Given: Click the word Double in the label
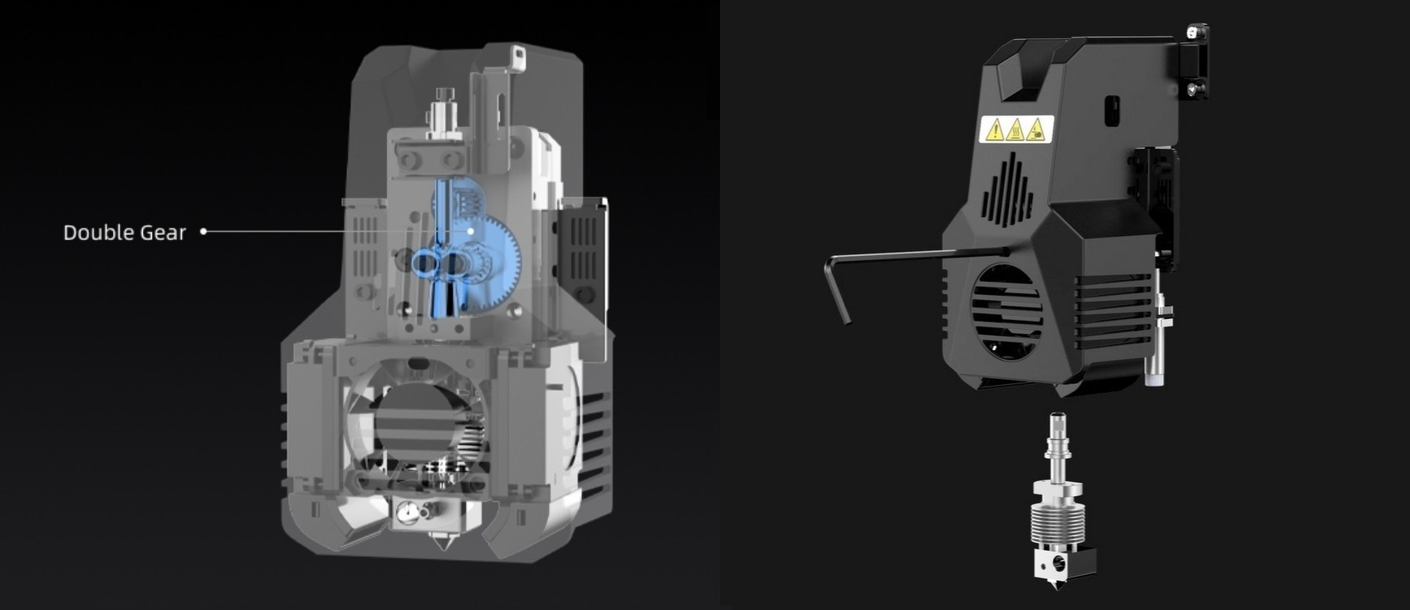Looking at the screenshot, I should pyautogui.click(x=93, y=233).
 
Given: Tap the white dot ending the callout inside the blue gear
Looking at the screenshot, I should pyautogui.click(x=471, y=230).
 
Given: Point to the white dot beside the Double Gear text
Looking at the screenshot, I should pyautogui.click(x=203, y=231).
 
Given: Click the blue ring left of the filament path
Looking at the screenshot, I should pyautogui.click(x=423, y=264).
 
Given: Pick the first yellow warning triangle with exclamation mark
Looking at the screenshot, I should pyautogui.click(x=993, y=130).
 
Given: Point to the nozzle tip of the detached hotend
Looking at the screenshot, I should pyautogui.click(x=1055, y=587).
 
